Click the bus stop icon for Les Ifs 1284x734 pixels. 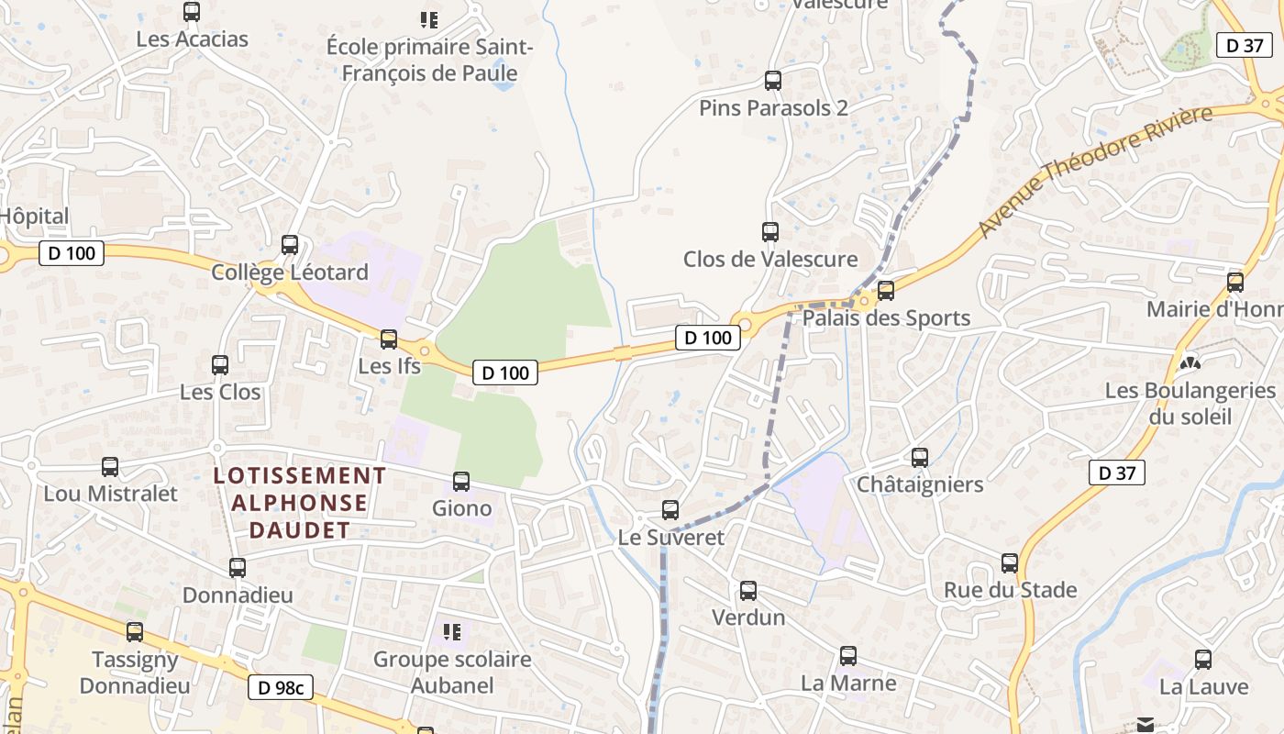pos(389,339)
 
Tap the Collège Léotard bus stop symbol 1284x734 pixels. pos(290,245)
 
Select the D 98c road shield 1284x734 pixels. pos(281,687)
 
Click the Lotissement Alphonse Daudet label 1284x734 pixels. pos(300,503)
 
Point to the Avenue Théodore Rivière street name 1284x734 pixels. pos(1095,171)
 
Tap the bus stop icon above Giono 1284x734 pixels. pos(461,481)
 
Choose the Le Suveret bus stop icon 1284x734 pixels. pos(670,510)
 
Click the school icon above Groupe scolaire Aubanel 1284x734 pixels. pos(451,631)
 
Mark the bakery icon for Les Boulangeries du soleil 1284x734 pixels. pos(1190,363)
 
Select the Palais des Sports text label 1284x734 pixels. pos(886,318)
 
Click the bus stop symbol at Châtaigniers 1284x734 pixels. pos(920,457)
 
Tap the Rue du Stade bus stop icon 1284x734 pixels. pos(1010,562)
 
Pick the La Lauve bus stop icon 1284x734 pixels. pos(1203,659)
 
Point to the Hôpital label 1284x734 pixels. pos(34,217)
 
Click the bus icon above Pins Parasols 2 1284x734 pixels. pos(773,81)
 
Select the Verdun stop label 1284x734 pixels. pos(748,617)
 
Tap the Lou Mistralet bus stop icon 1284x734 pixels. pos(110,466)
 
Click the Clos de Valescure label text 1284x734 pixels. pos(770,260)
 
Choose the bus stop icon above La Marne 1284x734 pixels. pos(848,656)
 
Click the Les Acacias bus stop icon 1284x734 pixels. pos(192,12)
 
